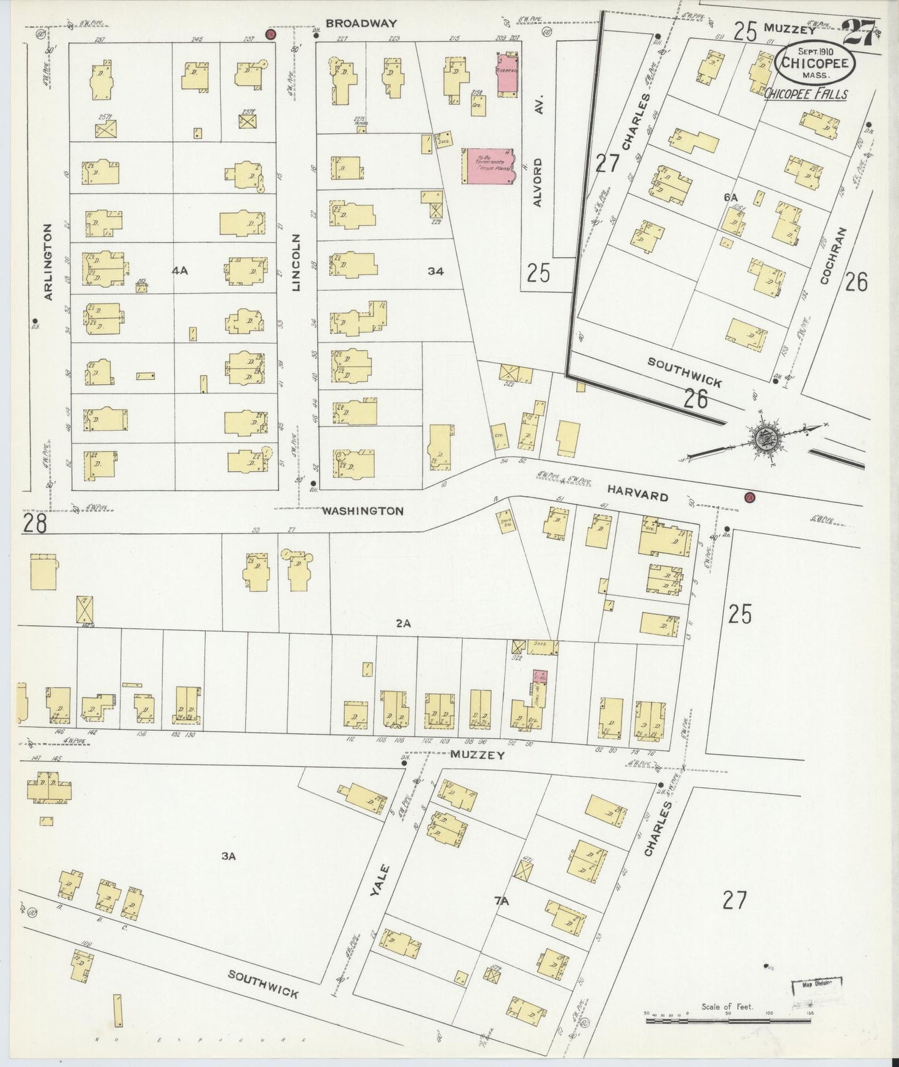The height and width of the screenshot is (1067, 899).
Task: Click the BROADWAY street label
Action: [361, 24]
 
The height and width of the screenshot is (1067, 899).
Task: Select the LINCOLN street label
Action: [297, 263]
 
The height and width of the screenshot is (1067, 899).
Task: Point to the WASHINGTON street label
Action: [363, 511]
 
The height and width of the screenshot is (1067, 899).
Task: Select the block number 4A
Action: [180, 270]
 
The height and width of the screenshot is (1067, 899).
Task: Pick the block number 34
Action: [436, 271]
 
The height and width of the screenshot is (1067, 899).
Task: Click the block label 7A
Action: [501, 901]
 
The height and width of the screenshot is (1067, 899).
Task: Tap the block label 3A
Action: [228, 856]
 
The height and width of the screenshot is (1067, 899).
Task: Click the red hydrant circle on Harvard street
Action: [750, 497]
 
